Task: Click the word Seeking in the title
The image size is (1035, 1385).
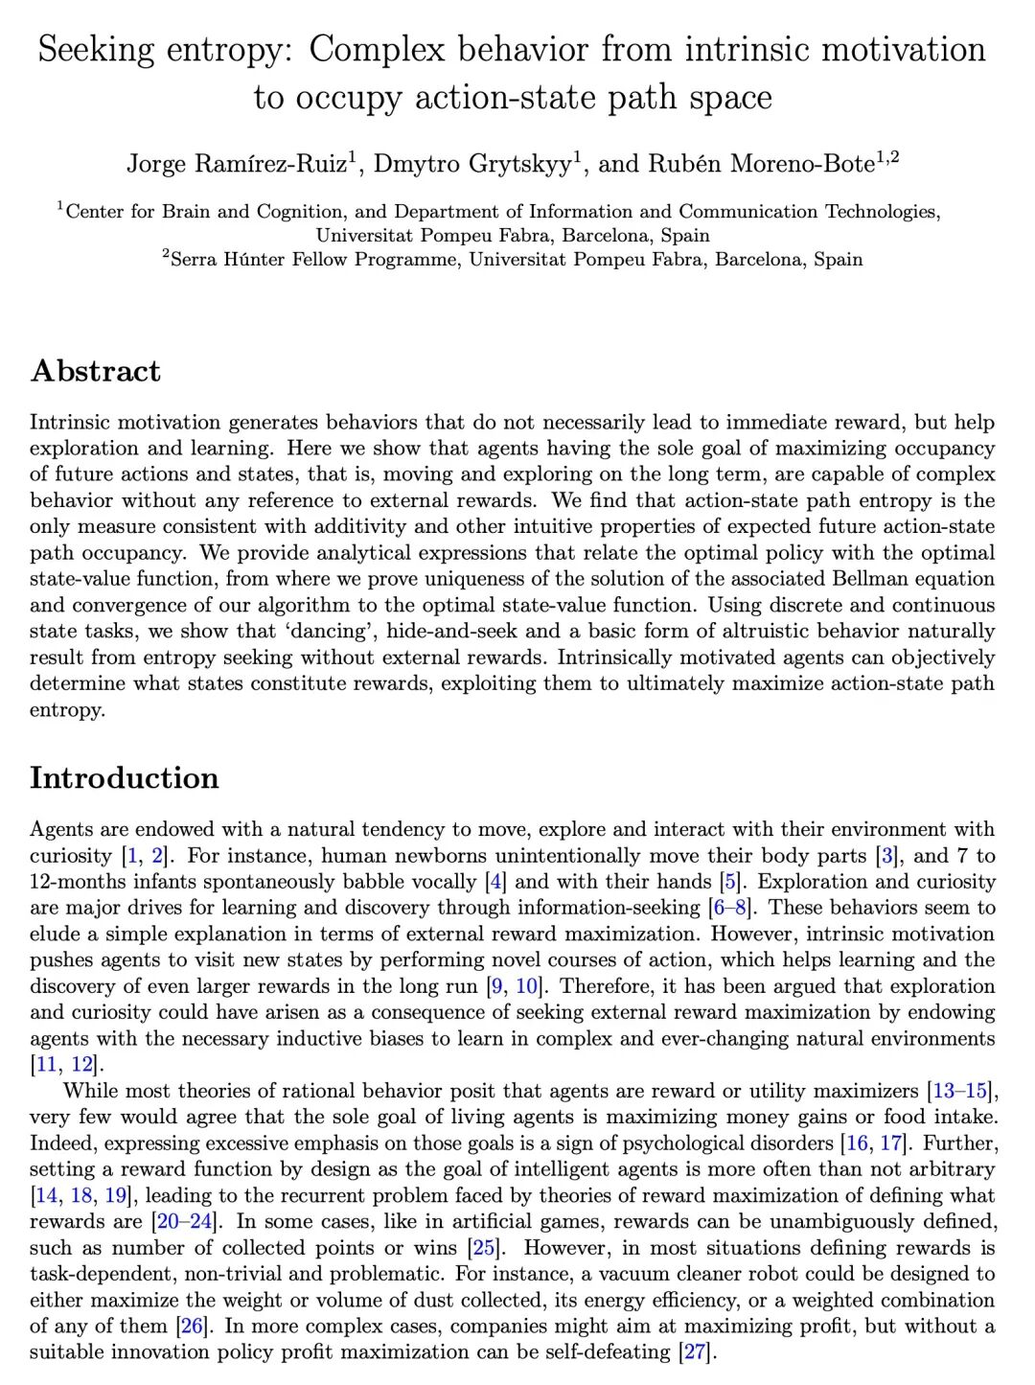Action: [x=96, y=50]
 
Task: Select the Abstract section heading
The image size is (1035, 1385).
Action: [x=96, y=371]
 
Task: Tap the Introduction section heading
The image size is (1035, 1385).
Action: [x=125, y=777]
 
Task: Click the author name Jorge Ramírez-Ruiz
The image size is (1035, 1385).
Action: [x=237, y=164]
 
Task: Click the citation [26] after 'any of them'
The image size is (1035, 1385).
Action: [x=192, y=1327]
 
